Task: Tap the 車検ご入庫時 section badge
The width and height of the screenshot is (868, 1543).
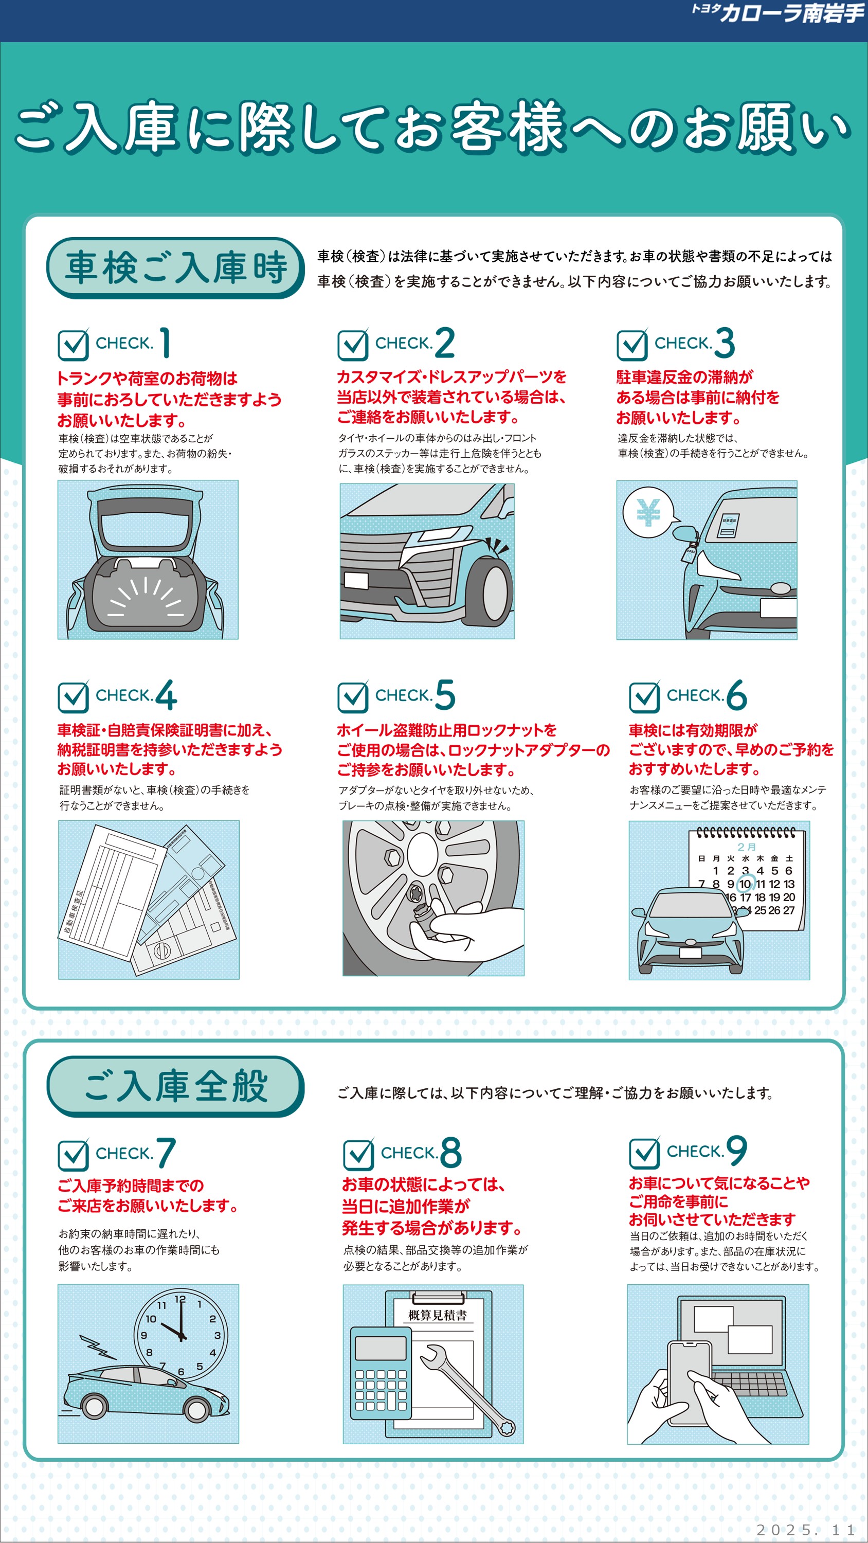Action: click(x=175, y=268)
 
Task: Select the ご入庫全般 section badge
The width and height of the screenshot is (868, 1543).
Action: click(x=175, y=1086)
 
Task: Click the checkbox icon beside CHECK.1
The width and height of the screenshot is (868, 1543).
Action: click(x=74, y=344)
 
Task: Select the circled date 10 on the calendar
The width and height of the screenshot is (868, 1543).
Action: click(x=745, y=884)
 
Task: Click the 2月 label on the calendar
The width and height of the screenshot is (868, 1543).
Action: click(x=747, y=847)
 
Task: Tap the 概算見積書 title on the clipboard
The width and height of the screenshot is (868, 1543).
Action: click(x=437, y=1315)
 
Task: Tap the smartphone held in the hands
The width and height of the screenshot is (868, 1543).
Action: click(x=690, y=1384)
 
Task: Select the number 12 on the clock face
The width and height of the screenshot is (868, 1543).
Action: click(x=179, y=1299)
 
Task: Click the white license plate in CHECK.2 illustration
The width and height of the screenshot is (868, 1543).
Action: click(x=356, y=580)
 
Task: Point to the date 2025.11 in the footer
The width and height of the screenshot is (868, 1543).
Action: click(x=806, y=1529)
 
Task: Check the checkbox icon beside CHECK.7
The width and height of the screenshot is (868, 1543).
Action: click(x=74, y=1154)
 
